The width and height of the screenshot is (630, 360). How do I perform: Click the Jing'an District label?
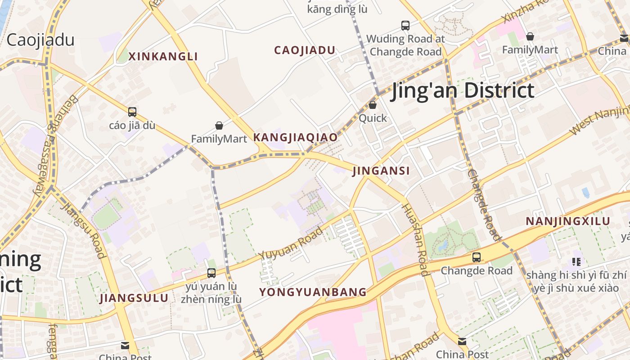(x=463, y=90)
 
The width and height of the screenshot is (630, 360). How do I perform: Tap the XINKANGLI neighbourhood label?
(x=163, y=57)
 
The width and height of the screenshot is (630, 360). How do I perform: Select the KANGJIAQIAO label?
(x=295, y=138)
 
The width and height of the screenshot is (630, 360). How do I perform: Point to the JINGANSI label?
(x=381, y=171)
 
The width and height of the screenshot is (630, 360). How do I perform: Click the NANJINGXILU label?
(x=568, y=221)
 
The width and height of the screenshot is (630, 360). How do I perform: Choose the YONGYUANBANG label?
(x=313, y=292)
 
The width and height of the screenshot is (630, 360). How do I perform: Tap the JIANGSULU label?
(x=134, y=298)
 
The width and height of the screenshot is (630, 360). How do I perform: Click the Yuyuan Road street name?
(x=291, y=243)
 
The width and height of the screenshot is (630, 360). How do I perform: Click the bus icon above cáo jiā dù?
(x=132, y=112)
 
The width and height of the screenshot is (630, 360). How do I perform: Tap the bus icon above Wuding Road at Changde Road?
(x=405, y=25)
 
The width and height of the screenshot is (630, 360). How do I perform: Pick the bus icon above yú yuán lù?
(x=211, y=273)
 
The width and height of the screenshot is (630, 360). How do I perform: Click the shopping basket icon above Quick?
(x=373, y=105)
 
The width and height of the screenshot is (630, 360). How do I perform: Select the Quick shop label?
(x=373, y=118)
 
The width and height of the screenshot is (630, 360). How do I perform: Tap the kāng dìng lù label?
(x=337, y=9)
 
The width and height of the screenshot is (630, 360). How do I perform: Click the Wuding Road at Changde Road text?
(x=405, y=45)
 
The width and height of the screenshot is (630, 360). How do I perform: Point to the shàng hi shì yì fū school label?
(x=576, y=281)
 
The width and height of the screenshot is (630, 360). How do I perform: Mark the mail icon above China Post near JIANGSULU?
(x=125, y=346)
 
